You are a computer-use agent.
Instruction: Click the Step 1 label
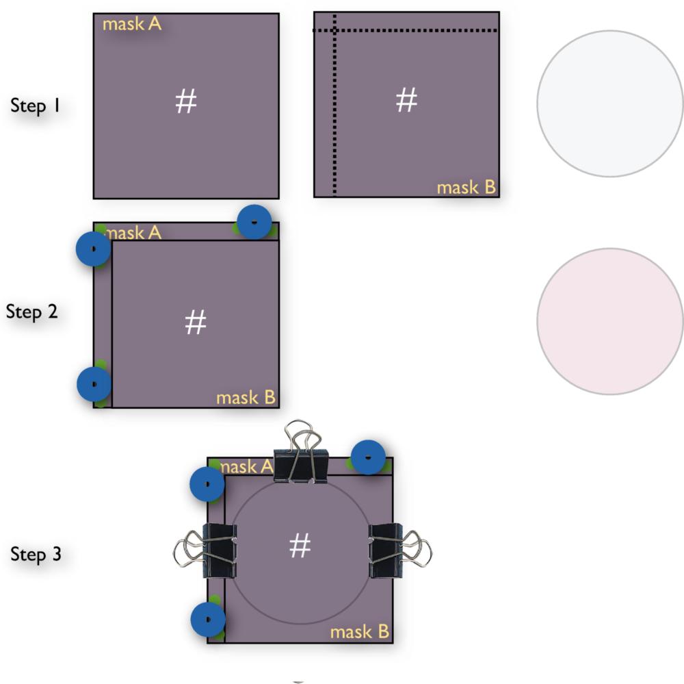[x=35, y=106]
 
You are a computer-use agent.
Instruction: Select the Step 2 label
[x=32, y=312]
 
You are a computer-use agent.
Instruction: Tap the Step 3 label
[x=36, y=555]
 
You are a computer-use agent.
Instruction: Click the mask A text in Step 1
[x=132, y=24]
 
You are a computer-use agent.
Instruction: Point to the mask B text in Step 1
[x=466, y=188]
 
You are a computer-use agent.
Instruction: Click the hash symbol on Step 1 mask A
[x=186, y=101]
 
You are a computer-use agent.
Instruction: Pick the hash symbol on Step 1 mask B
[x=406, y=99]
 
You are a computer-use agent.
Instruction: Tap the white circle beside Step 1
[x=610, y=103]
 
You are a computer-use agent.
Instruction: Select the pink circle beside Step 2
[x=610, y=322]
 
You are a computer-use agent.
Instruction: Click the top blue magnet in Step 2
[x=254, y=222]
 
